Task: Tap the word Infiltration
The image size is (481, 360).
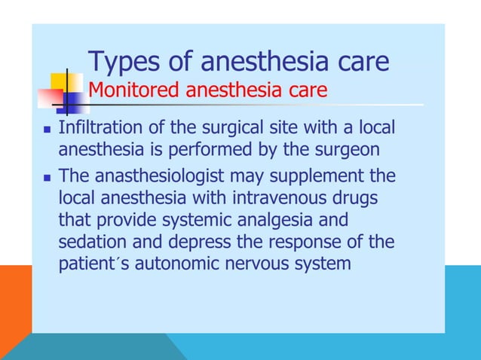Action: [x=96, y=128]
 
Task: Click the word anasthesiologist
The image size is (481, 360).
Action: [x=158, y=177]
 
